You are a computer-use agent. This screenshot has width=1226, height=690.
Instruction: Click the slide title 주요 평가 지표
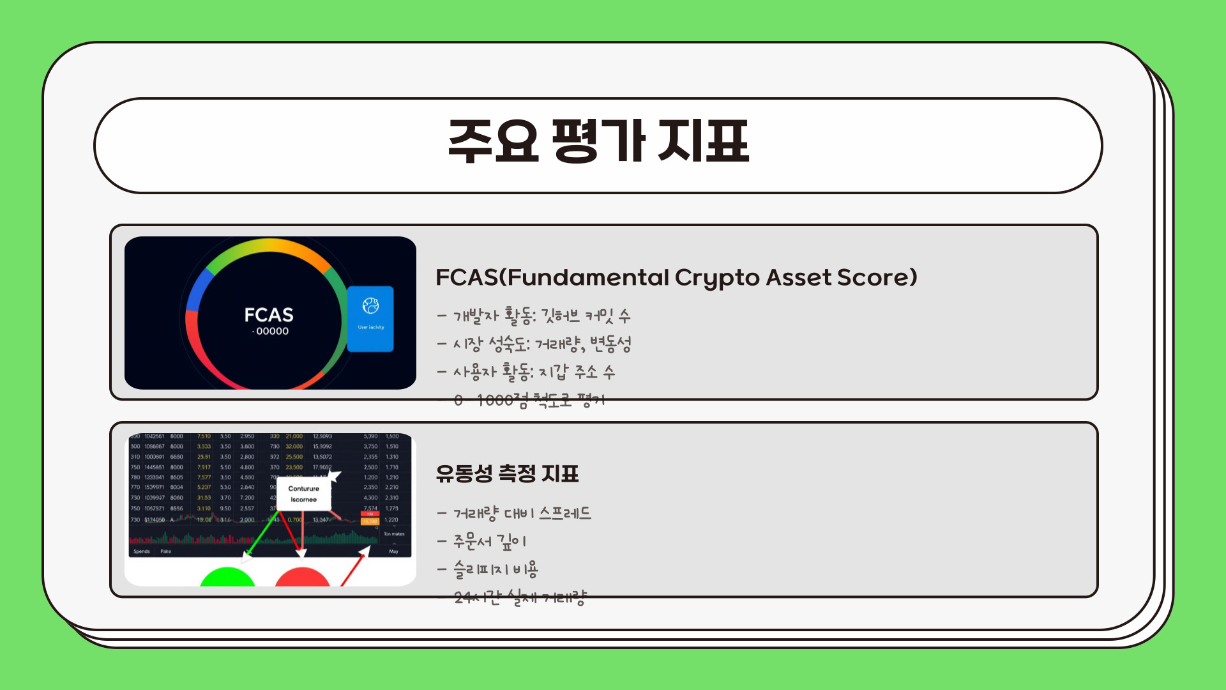[x=598, y=142]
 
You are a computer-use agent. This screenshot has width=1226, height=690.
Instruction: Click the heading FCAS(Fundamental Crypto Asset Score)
[x=676, y=278]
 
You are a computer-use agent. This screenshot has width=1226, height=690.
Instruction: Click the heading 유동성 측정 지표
[x=507, y=473]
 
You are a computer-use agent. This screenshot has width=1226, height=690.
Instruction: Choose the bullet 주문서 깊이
[x=483, y=541]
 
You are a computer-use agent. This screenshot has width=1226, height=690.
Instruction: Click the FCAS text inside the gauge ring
[x=269, y=315]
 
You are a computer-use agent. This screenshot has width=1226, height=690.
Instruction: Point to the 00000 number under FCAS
[x=272, y=332]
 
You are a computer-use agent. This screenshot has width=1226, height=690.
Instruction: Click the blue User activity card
[x=370, y=318]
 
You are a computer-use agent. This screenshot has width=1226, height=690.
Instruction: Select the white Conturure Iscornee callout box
[x=303, y=494]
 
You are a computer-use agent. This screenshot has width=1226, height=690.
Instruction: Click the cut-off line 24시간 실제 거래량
[x=520, y=598]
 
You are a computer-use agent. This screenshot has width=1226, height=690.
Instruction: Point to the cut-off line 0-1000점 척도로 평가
[x=529, y=401]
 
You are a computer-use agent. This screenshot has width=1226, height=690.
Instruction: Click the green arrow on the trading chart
[x=262, y=533]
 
